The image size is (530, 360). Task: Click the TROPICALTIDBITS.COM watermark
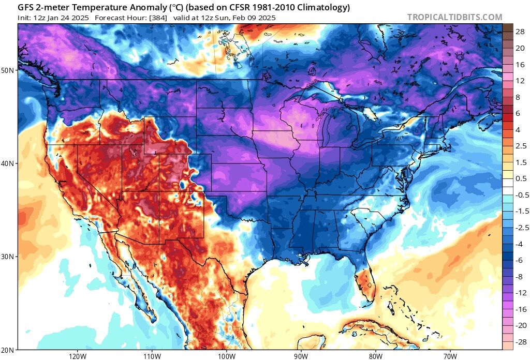point(454,17)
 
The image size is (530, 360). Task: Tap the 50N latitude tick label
point(9,70)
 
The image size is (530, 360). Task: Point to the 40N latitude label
point(9,163)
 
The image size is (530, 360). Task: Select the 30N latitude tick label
point(9,257)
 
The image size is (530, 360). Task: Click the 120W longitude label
point(77,356)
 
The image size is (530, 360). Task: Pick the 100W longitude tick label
point(226,356)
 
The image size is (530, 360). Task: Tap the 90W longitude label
point(301,356)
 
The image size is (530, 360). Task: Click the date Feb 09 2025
point(252,18)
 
